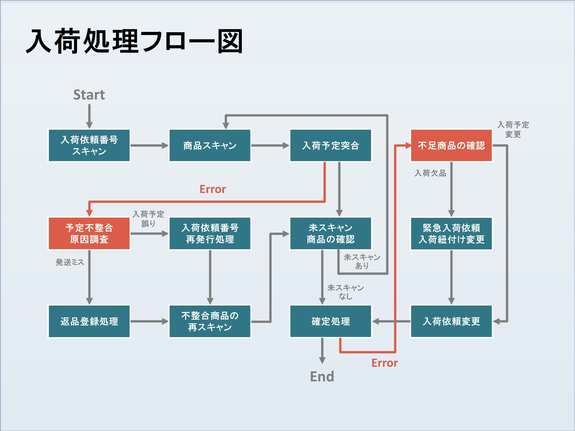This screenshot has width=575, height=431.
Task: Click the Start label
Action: coord(89,95)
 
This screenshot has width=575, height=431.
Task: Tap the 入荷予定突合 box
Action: coord(330,145)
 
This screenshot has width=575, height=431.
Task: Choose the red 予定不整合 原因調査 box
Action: coord(89,233)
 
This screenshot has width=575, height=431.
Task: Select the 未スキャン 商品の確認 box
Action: coord(330,233)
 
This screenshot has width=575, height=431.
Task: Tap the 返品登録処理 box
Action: coord(89,321)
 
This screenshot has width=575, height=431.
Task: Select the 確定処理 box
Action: coord(330,321)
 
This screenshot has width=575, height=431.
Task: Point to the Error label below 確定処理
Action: coord(384,363)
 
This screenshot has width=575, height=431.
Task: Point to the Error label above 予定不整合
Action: coord(213,189)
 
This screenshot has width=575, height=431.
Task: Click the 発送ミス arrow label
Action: coord(70,262)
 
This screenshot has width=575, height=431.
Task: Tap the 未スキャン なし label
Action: coord(345,292)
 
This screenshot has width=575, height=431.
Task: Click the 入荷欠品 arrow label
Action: coord(430,173)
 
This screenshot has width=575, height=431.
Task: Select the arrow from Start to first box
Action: coord(89,116)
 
